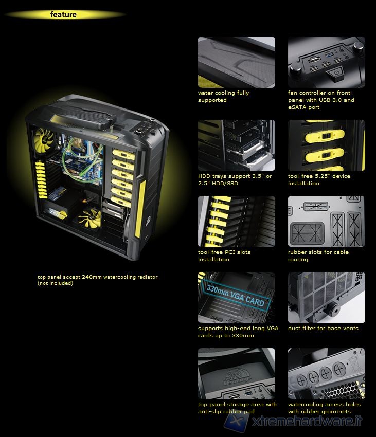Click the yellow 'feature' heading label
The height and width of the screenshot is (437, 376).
pyautogui.click(x=63, y=14)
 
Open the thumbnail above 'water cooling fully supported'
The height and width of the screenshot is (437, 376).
pyautogui.click(x=237, y=62)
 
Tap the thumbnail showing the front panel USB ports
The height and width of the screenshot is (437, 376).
pyautogui.click(x=326, y=62)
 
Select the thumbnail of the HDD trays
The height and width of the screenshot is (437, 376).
pyautogui.click(x=237, y=145)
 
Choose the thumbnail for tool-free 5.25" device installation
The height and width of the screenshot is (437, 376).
pyautogui.click(x=326, y=145)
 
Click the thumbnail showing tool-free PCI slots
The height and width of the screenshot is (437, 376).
pyautogui.click(x=237, y=222)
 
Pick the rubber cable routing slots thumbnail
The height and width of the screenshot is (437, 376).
pyautogui.click(x=326, y=222)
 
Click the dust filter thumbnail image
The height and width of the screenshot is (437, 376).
pyautogui.click(x=326, y=298)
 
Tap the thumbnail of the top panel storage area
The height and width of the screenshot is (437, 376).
pyautogui.click(x=237, y=374)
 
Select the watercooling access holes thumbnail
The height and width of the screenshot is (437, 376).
pyautogui.click(x=326, y=374)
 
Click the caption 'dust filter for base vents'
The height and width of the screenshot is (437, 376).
pyautogui.click(x=323, y=329)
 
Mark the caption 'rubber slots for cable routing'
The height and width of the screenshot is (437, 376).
pyautogui.click(x=318, y=256)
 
